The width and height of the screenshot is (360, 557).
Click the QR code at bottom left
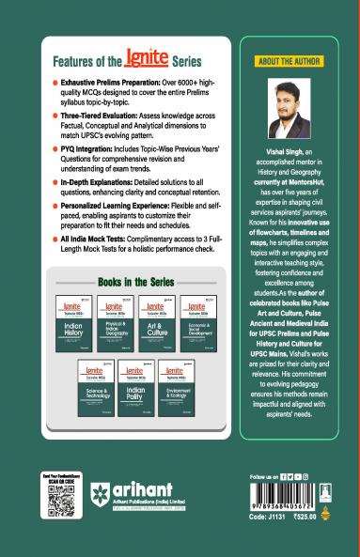pos(59,503)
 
